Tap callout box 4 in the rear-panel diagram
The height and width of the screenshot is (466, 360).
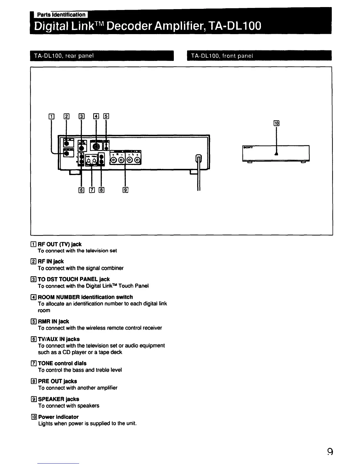96,116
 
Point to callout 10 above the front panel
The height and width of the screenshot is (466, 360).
276,123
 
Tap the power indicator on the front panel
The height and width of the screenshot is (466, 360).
276,154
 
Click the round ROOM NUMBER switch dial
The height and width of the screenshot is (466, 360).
96,146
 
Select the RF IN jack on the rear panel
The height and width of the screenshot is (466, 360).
67,143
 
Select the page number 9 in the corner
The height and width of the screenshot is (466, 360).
330,452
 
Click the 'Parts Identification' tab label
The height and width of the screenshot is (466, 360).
61,15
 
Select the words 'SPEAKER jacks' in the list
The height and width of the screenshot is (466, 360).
59,399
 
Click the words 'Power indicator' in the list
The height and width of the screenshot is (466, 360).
58,417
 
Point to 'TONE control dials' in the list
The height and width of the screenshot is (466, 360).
62,363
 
